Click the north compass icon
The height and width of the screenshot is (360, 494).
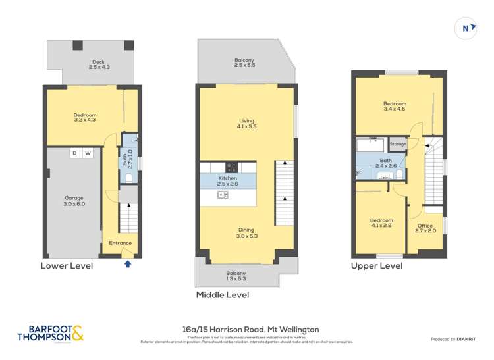pos(466,28)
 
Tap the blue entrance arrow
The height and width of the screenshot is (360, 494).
pos(128,264)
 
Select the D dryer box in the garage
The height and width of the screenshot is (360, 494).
pos(74,153)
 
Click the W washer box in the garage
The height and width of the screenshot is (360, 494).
pos(88,153)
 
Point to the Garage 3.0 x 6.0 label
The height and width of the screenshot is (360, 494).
pos(74,201)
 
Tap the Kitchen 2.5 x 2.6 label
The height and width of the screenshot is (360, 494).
pos(228,181)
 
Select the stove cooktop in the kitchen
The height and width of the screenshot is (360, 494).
pos(231,167)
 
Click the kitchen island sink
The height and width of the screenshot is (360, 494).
pos(223,195)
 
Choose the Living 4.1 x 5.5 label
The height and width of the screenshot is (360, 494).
pos(246,123)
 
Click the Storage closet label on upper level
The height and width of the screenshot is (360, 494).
pos(397,143)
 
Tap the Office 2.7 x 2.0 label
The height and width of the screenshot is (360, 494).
pos(425,228)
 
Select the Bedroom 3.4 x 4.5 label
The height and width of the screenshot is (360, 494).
pos(395,107)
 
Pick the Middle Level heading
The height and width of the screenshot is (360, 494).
pos(223,296)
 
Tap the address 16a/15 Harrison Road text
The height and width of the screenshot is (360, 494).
pos(250,329)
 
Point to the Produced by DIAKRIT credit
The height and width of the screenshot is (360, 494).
pos(453,338)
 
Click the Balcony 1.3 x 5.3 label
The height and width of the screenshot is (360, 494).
pos(236,276)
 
